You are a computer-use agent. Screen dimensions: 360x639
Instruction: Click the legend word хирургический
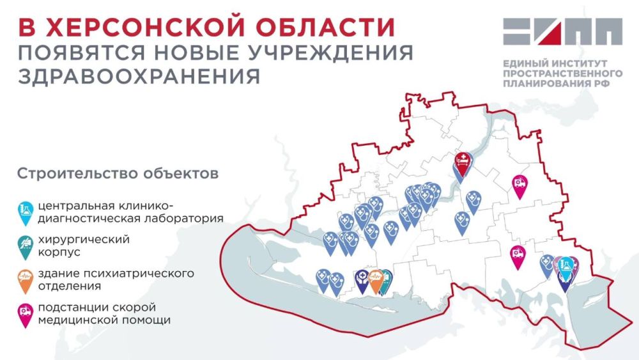[x=84, y=240]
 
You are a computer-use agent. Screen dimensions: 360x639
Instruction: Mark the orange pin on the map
[x=376, y=279]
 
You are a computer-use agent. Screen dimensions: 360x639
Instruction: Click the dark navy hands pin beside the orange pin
[x=362, y=279]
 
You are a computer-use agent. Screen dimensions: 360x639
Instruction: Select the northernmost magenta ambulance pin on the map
[x=521, y=185]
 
